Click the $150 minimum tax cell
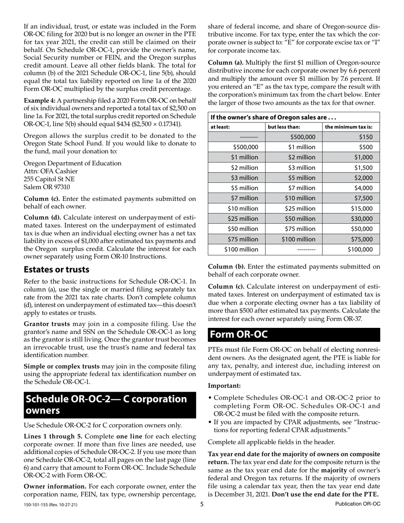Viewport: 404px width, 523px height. click(365, 137)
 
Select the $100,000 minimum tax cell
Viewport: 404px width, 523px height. click(360, 250)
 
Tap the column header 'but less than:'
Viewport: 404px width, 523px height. click(285, 127)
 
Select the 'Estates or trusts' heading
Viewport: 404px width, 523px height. click(57, 270)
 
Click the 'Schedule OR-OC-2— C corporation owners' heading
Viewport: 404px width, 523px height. click(106, 405)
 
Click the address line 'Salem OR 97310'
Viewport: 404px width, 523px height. click(47, 187)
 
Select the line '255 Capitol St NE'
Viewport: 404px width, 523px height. click(49, 179)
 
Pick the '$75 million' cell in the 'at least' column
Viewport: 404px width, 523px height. click(243, 239)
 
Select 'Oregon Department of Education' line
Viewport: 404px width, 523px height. click(72, 163)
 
